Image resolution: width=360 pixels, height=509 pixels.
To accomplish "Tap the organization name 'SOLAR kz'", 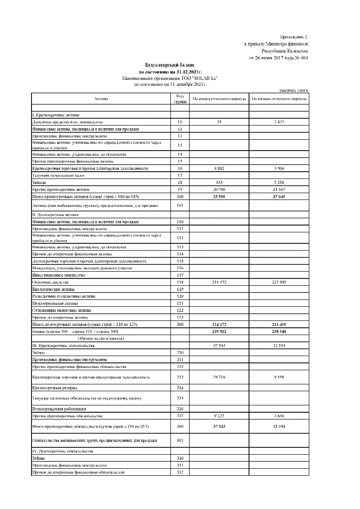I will [205, 79].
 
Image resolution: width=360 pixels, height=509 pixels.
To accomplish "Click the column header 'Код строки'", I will [180, 99].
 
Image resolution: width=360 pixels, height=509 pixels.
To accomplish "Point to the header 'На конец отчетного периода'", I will [219, 99].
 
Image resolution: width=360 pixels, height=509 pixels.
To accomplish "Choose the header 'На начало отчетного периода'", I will [279, 99].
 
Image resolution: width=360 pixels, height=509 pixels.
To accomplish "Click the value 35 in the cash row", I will [219, 122].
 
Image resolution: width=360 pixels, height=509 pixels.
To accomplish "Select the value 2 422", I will [279, 122].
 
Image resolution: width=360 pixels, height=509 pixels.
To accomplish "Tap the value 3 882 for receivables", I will [219, 168].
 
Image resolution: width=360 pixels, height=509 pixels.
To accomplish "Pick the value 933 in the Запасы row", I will [219, 183].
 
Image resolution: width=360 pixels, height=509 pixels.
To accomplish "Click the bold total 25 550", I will [219, 196].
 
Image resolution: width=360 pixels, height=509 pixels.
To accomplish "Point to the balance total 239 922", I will [219, 331].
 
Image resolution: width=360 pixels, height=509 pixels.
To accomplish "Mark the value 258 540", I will [279, 331].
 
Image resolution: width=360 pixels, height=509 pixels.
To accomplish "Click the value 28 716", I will [219, 378].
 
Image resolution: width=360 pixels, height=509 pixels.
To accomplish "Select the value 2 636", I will [279, 416].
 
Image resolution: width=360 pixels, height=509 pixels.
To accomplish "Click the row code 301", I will [180, 441].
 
